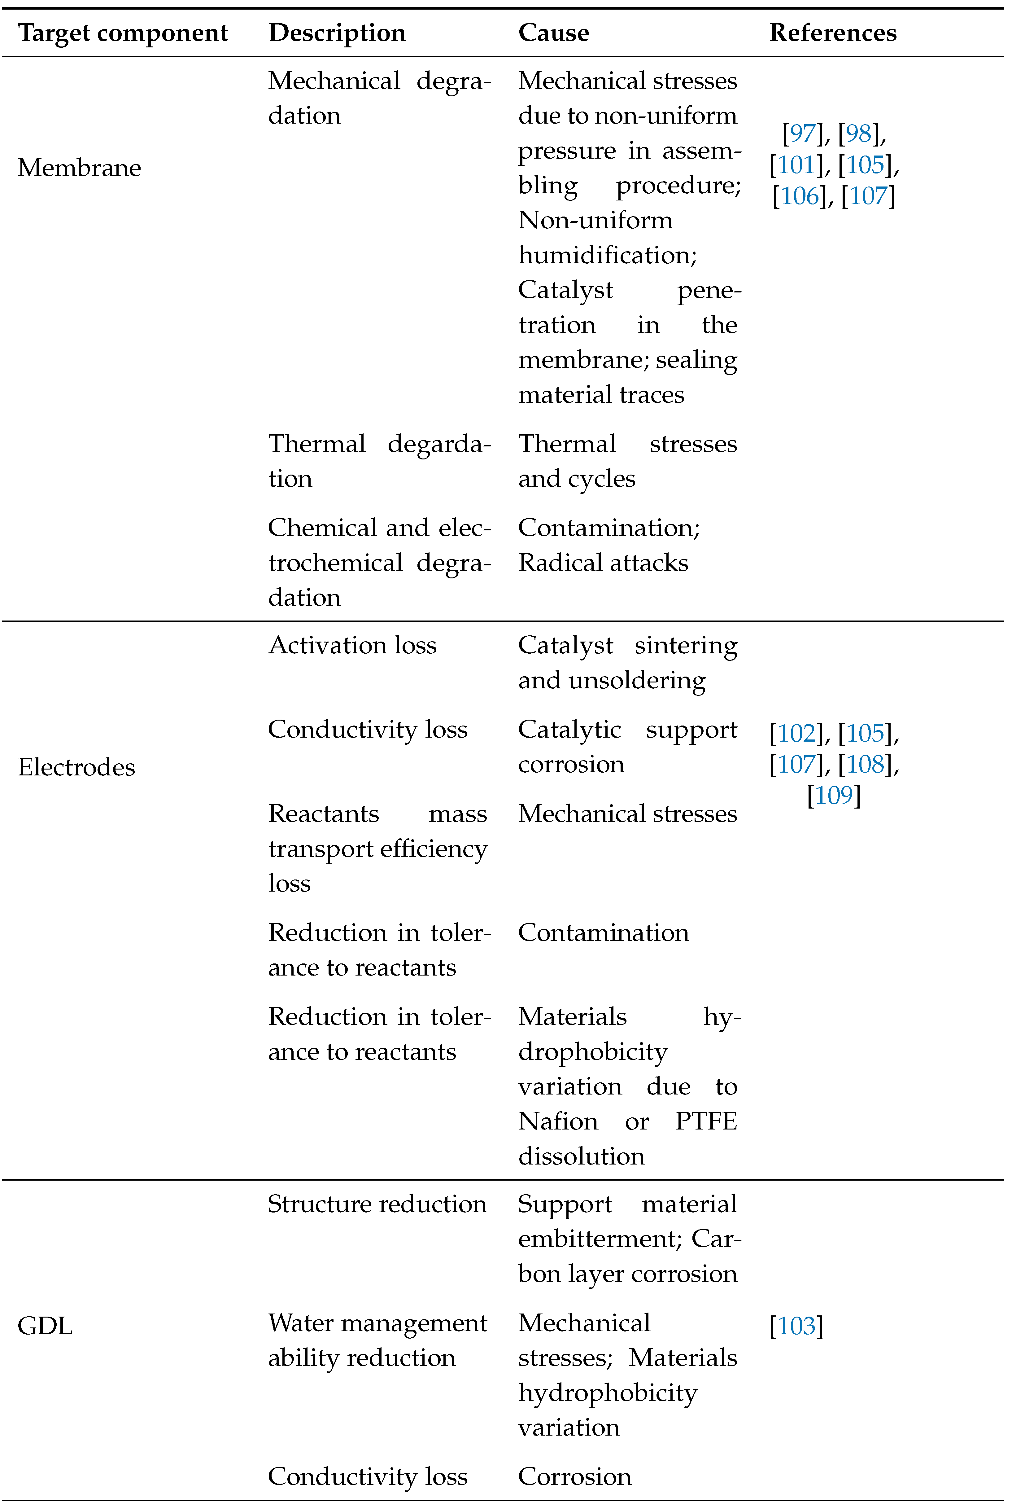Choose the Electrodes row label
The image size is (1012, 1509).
pyautogui.click(x=76, y=767)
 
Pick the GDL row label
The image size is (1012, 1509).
pyautogui.click(x=45, y=1326)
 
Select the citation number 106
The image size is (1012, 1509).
pyautogui.click(x=800, y=196)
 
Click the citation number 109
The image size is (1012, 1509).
pyautogui.click(x=834, y=795)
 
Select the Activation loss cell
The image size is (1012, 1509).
pyautogui.click(x=352, y=645)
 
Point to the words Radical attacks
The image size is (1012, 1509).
pyautogui.click(x=603, y=563)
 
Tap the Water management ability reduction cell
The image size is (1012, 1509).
pyautogui.click(x=377, y=1340)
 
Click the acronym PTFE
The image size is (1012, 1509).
pyautogui.click(x=705, y=1121)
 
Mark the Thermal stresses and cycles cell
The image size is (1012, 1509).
pyautogui.click(x=627, y=461)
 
